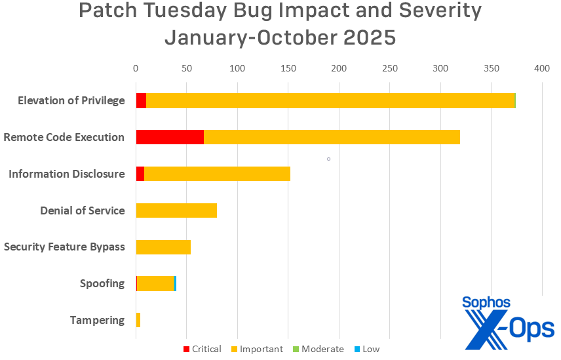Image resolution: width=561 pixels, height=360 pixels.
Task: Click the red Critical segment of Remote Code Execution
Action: [x=170, y=137]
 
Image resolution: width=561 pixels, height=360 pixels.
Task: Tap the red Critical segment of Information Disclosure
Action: [x=140, y=174]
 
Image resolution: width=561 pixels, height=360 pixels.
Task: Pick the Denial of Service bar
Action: [x=176, y=210]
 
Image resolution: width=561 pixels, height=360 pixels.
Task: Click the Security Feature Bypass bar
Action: [x=163, y=247]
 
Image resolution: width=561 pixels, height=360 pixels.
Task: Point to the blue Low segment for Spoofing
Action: [x=176, y=284]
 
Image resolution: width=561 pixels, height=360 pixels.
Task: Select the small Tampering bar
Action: [x=138, y=320]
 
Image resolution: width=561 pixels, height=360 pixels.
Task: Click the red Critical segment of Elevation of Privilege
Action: [x=141, y=100]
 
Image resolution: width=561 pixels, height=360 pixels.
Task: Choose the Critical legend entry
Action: [x=201, y=349]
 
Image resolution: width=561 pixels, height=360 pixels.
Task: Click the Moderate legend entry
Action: [x=317, y=349]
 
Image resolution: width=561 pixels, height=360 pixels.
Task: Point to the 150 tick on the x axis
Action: [x=288, y=68]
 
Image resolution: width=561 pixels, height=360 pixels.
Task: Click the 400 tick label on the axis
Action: [x=541, y=68]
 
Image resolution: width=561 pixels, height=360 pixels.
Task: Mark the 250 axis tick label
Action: [x=390, y=68]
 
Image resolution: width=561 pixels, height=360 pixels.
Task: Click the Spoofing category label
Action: [x=102, y=284]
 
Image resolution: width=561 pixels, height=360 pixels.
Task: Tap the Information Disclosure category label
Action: [x=66, y=174]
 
